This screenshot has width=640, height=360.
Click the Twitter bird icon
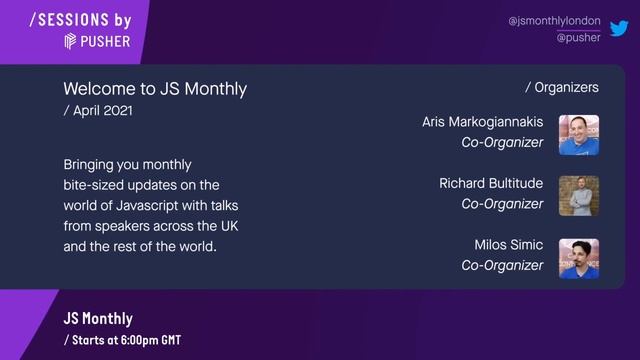coord(619,28)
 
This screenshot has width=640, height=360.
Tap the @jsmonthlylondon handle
coord(554,20)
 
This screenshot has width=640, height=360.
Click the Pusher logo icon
coord(71,41)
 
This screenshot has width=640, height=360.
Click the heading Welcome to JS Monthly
coord(154,89)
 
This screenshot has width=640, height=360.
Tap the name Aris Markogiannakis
coord(482,122)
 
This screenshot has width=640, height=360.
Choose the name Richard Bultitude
coord(491,183)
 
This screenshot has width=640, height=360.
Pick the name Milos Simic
coord(508,245)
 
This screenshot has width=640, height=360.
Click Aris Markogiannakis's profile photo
coord(578,134)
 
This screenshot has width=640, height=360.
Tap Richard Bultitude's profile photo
coord(578,196)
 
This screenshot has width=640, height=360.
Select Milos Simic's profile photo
coord(578,258)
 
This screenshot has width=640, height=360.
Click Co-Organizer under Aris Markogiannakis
coord(502,143)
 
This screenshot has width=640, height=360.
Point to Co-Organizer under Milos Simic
coord(502,266)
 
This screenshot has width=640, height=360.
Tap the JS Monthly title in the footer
coord(98,319)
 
